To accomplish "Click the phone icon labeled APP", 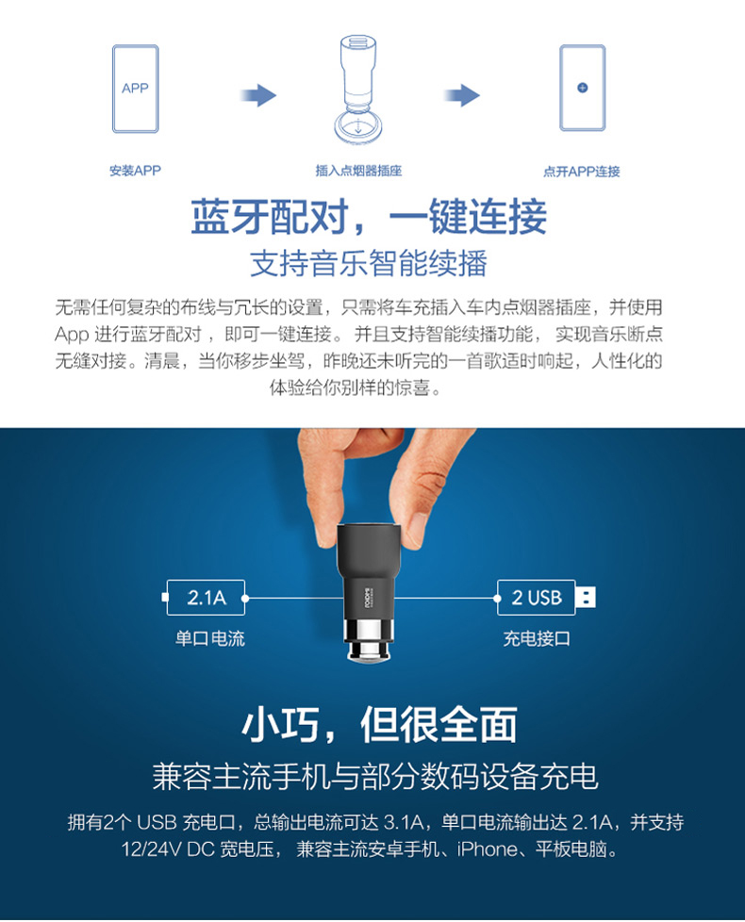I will coord(135,89).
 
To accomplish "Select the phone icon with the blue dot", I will coord(582,89).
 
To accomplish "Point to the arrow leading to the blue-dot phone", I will coord(462,95).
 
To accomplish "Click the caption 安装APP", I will coord(135,171).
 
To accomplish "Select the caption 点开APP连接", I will coord(582,172).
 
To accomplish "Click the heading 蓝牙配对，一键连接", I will coord(369,217).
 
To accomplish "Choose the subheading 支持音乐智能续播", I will coord(369,263).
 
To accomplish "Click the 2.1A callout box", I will coord(206,598).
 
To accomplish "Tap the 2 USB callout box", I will coord(536,598).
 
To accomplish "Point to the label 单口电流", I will coord(209,639).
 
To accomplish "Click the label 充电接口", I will coord(537,639).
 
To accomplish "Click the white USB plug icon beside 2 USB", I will coord(585,598).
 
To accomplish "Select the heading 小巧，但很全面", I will coord(380,725).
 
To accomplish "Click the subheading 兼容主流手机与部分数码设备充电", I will coord(375,776).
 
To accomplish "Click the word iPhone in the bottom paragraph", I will coord(486,849).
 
